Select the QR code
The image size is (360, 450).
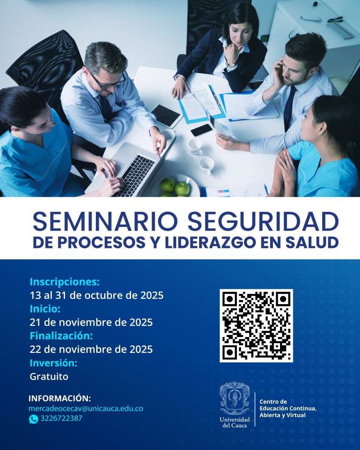256,326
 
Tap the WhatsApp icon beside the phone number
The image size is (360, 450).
33,419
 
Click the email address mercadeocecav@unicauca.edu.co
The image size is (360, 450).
86,409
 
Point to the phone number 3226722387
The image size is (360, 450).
61,418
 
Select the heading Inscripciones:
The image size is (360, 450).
65,281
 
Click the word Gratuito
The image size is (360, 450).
49,377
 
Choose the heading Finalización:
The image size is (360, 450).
61,336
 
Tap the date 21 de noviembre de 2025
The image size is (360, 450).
91,323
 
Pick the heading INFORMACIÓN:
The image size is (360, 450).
59,399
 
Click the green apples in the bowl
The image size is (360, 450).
175,188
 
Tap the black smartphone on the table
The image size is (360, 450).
201,130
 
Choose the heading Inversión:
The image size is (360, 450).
54,363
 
